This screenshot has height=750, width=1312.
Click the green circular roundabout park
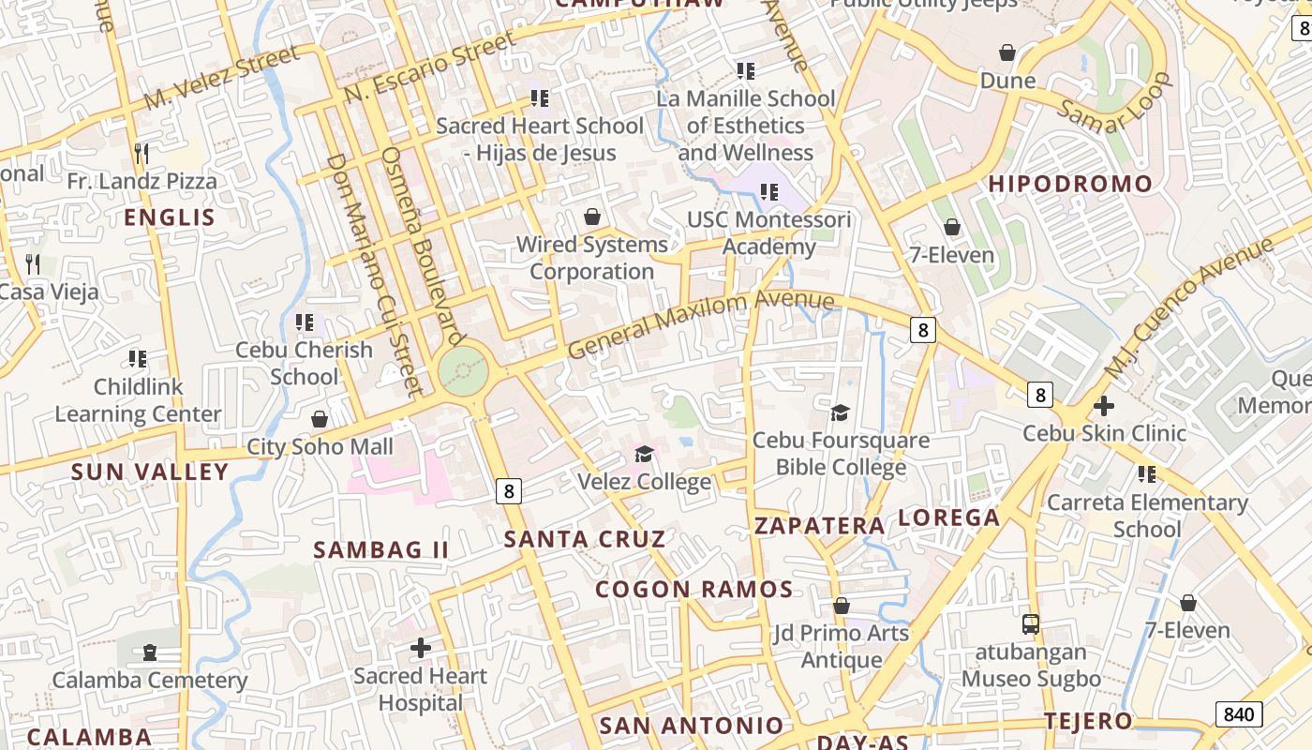point(463,371)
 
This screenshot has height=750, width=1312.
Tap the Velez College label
point(644,482)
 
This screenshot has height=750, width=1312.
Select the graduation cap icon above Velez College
point(644,455)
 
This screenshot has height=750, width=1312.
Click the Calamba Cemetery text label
point(150,680)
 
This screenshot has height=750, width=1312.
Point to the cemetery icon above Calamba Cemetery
point(150,652)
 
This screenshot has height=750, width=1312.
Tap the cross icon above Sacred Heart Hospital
point(421,647)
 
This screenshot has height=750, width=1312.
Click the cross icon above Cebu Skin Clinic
point(1104,406)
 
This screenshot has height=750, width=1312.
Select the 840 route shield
point(1238,714)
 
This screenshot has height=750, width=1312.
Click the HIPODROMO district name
point(1070,184)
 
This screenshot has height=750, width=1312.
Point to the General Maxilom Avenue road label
point(700,323)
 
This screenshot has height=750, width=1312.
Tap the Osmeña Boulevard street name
point(424,246)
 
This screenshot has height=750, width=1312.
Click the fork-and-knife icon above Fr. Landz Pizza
point(142,153)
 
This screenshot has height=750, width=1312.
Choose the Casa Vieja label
point(49,292)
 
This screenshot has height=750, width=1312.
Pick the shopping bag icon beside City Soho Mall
point(320,419)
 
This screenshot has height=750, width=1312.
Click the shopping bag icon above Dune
point(1007,52)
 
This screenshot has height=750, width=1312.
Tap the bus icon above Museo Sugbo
point(1030,623)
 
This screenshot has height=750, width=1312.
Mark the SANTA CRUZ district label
point(585,539)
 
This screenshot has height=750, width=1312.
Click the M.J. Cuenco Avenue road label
point(1189,307)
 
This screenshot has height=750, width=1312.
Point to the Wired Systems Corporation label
point(592,258)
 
